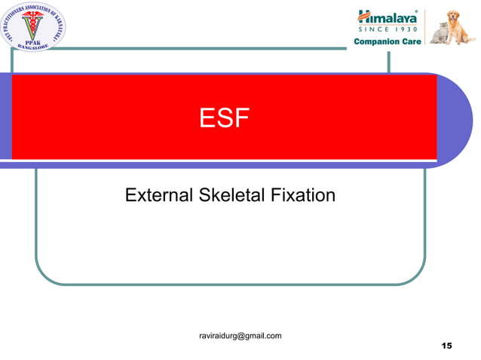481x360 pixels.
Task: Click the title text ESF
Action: [224, 118]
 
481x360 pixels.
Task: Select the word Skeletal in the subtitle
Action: [230, 196]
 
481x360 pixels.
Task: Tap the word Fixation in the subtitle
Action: [301, 196]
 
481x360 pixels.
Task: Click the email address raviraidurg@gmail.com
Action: [240, 335]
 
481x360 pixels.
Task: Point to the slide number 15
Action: [446, 346]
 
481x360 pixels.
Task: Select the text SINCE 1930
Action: [388, 29]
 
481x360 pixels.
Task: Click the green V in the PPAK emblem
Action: [32, 25]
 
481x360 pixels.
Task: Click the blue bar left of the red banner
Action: [5, 117]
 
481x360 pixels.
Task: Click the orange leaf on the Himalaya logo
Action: [363, 14]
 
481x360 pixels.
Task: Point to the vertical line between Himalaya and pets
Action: [426, 26]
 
